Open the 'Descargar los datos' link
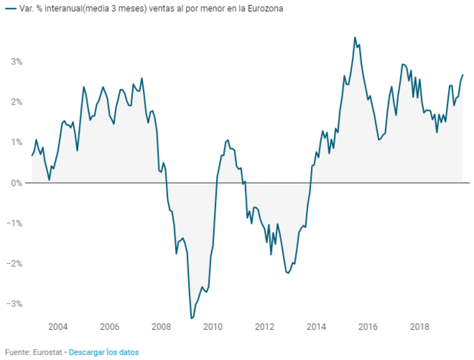(103, 352)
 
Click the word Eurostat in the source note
(47, 352)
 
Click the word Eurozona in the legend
(266, 9)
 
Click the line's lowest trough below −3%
(191, 318)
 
